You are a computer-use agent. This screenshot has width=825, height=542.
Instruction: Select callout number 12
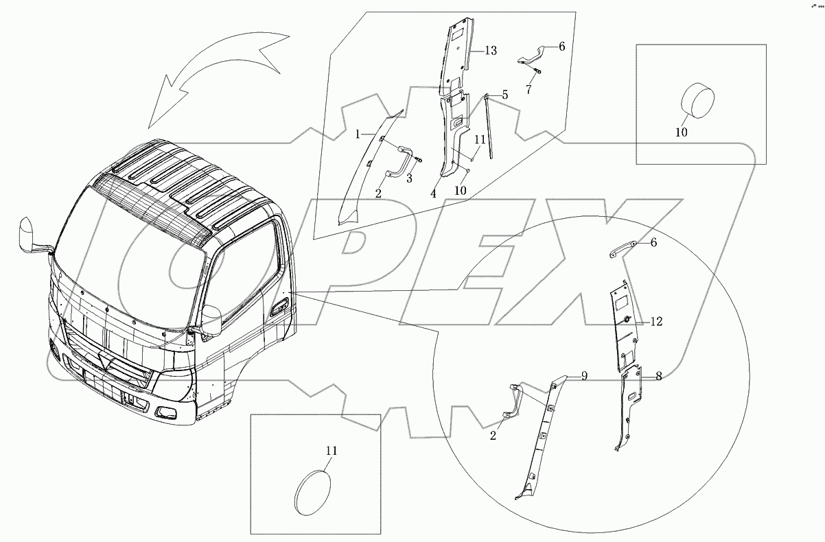tap(656, 321)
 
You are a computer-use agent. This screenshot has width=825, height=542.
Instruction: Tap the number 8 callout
tap(658, 376)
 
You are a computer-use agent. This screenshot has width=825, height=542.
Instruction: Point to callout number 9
tap(584, 375)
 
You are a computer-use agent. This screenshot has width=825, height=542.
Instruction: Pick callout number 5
tap(504, 95)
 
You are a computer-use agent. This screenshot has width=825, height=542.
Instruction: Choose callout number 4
tap(434, 194)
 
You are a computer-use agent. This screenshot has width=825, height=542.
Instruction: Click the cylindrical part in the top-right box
tap(696, 102)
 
